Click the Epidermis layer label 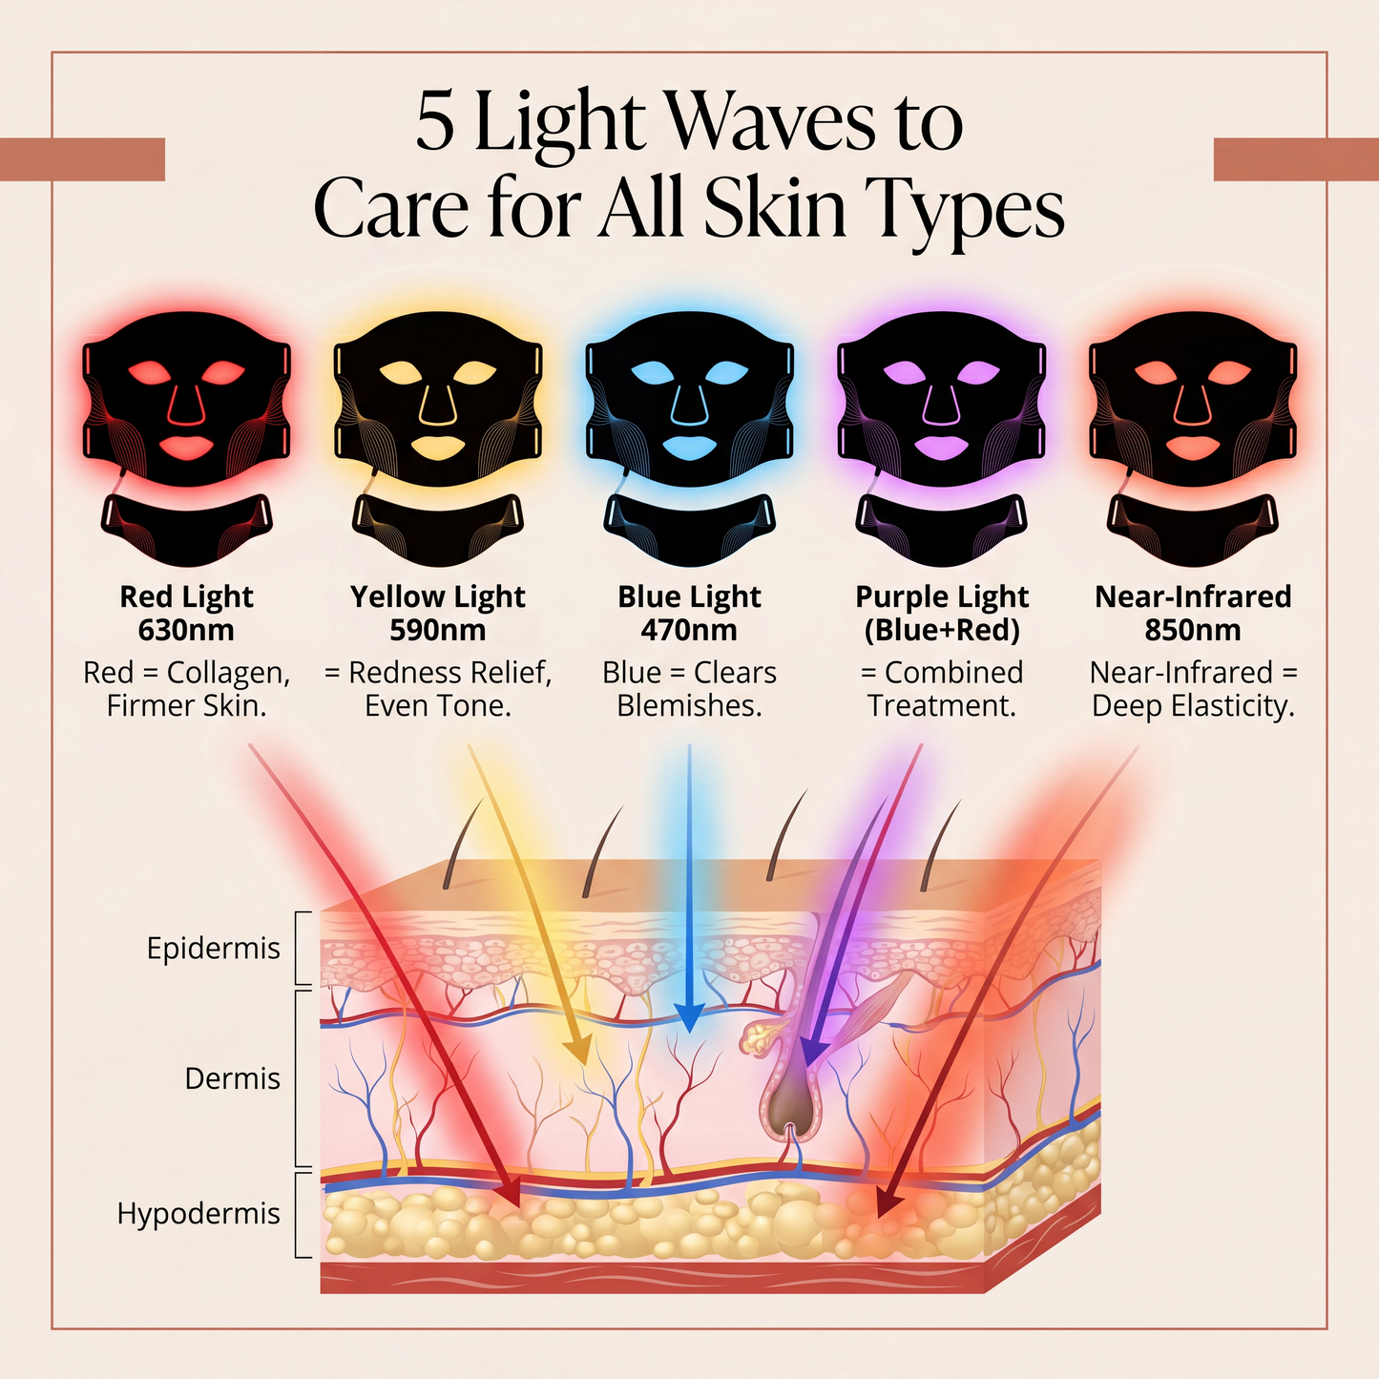click(x=213, y=949)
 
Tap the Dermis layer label click(x=233, y=1078)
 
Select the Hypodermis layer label click(x=198, y=1214)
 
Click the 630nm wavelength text click(x=186, y=631)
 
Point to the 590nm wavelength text click(x=437, y=631)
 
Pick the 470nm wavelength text click(x=689, y=631)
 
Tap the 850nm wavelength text click(x=1193, y=631)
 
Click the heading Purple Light click(x=942, y=597)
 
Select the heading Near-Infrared click(x=1193, y=596)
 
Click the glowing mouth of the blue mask click(x=689, y=448)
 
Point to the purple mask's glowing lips click(x=941, y=448)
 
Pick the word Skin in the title click(x=775, y=209)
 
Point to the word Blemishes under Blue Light click(x=689, y=706)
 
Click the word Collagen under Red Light click(x=228, y=674)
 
